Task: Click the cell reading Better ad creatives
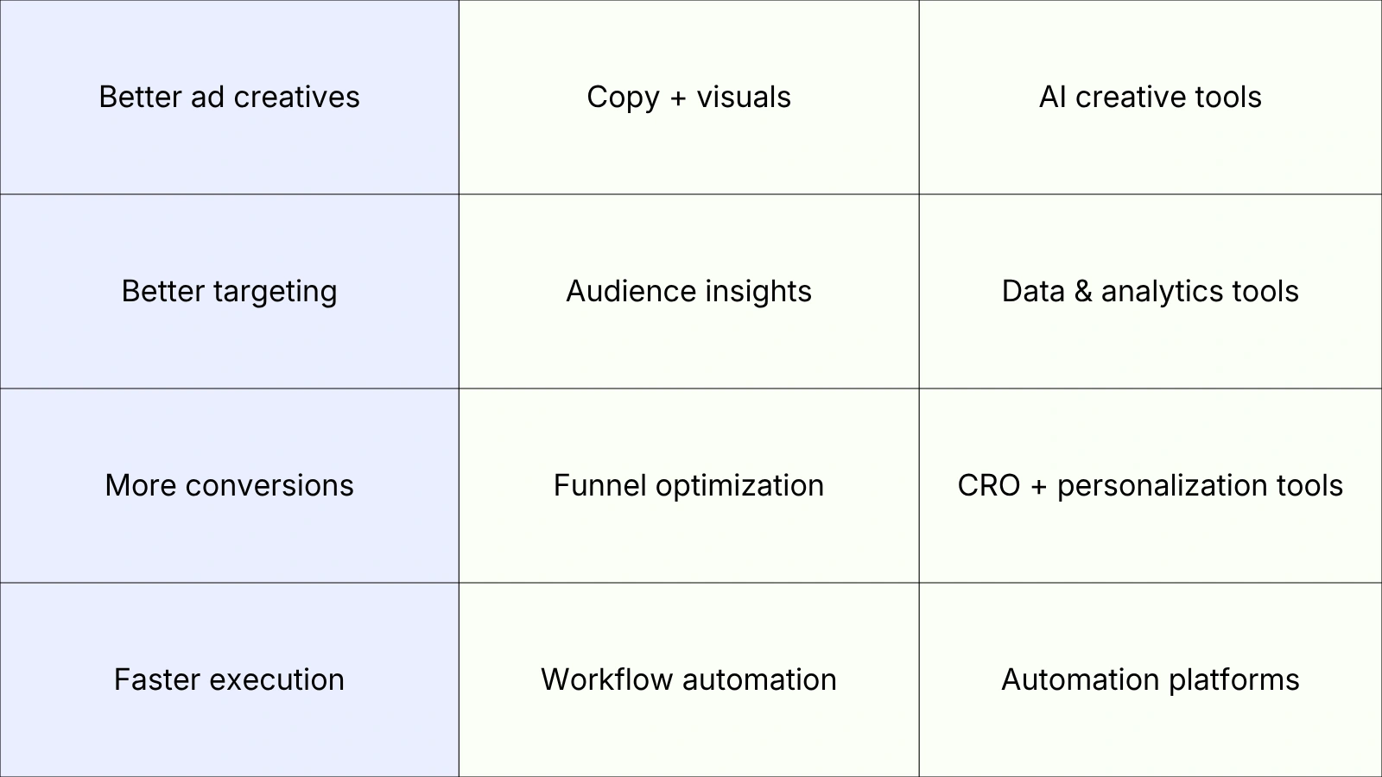[x=229, y=97]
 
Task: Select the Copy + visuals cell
[x=688, y=97]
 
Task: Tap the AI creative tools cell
[x=1150, y=97]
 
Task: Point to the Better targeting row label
[x=229, y=291]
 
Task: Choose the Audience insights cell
[x=688, y=291]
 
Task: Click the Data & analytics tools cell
[x=1150, y=291]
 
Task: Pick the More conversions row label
[x=229, y=485]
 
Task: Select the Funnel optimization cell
[x=688, y=485]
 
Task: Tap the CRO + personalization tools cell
[x=1150, y=485]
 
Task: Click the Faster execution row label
[x=229, y=679]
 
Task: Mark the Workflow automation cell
[x=688, y=679]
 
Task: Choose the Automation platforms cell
[x=1150, y=679]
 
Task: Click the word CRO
[x=989, y=485]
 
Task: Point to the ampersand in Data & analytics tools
[x=1083, y=292]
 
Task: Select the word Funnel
[x=600, y=485]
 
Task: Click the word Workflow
[x=607, y=679]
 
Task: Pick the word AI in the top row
[x=1052, y=97]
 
